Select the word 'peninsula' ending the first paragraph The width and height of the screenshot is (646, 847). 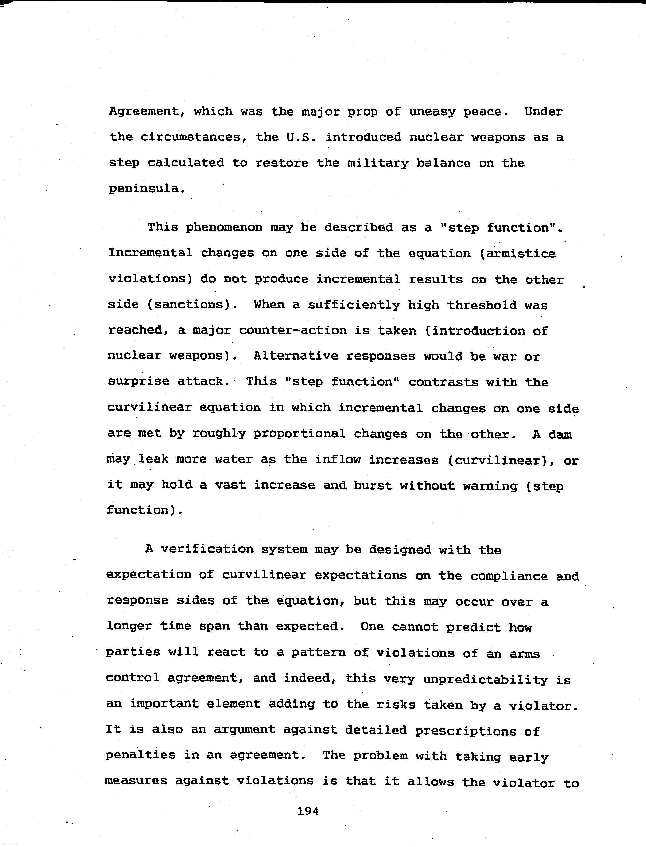[x=143, y=189]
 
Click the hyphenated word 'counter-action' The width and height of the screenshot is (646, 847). [x=293, y=331]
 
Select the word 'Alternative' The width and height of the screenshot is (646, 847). [x=296, y=356]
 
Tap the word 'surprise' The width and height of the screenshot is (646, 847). [x=138, y=382]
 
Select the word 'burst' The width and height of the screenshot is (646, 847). [x=373, y=485]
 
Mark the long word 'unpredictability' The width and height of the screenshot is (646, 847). [x=486, y=679]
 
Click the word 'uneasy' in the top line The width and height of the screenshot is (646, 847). [x=432, y=112]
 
